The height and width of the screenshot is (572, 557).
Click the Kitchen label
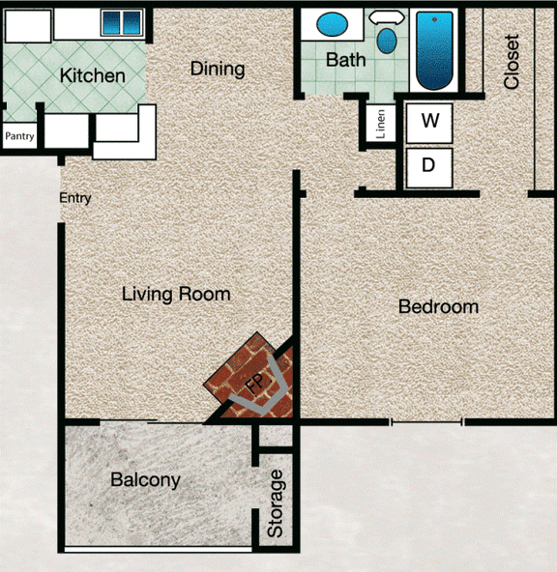(93, 75)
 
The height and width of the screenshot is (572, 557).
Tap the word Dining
(217, 69)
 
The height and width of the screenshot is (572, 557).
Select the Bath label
(345, 60)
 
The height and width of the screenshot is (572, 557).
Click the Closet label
(512, 62)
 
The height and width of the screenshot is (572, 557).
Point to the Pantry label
(19, 136)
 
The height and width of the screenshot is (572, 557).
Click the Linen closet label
(381, 125)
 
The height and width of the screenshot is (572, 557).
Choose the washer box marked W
(430, 121)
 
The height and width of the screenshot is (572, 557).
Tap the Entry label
(75, 198)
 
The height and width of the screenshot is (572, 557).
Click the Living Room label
(176, 294)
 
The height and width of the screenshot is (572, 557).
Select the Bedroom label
(438, 307)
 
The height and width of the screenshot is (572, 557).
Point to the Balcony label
(145, 479)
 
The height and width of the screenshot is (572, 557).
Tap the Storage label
(277, 503)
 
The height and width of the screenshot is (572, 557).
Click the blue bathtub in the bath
(437, 50)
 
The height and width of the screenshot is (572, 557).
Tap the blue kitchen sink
(122, 22)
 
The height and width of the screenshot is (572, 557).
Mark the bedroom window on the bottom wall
(427, 422)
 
